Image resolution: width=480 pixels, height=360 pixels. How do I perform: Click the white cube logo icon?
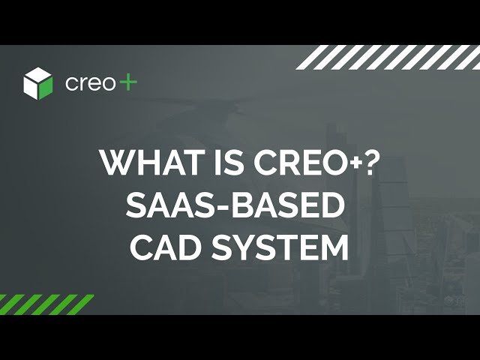(x=38, y=83)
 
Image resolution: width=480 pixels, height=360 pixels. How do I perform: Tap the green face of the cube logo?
(x=45, y=88)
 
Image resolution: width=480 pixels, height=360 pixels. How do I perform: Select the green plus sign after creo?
(x=127, y=82)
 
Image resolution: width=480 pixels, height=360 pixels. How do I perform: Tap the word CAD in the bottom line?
(x=166, y=247)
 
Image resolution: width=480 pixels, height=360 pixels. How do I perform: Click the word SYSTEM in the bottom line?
(x=280, y=247)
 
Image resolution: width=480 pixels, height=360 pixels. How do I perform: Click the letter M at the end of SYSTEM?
(x=334, y=247)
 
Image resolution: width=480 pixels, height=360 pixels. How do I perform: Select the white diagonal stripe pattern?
(x=388, y=57)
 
